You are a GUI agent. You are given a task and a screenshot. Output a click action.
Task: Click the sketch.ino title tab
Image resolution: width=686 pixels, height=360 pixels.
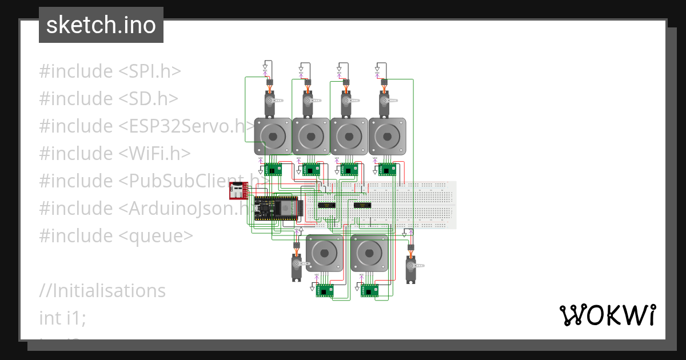[x=101, y=25]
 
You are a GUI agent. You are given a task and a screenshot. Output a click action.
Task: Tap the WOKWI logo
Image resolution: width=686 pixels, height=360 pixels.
[x=607, y=315]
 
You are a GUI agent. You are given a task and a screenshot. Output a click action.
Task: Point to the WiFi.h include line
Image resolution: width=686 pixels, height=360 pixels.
[x=114, y=154]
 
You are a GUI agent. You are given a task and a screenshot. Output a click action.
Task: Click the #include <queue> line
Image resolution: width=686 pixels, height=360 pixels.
[x=116, y=236]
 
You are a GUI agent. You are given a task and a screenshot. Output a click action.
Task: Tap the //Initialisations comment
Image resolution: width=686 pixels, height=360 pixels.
[x=102, y=291]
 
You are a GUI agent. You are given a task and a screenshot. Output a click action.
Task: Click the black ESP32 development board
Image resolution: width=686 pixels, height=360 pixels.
[x=277, y=209]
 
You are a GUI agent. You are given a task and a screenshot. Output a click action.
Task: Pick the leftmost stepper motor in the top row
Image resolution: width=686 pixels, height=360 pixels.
[x=273, y=137]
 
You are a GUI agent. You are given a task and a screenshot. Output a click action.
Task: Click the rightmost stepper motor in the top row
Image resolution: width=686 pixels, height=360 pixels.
[x=387, y=137]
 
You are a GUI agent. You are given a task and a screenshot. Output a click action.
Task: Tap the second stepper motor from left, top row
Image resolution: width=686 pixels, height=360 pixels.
[x=310, y=137]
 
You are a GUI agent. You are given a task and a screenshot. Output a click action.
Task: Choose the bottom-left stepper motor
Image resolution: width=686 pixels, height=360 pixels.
[x=324, y=253]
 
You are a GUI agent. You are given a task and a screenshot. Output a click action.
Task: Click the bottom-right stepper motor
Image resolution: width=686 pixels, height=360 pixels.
[x=369, y=253]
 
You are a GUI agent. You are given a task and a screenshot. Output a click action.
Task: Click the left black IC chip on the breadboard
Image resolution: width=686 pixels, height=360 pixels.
[x=328, y=205]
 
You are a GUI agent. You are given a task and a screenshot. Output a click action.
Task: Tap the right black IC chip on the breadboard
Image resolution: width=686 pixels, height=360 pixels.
[x=362, y=205]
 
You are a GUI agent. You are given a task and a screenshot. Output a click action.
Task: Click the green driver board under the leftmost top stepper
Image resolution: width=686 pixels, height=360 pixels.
[x=273, y=169]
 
